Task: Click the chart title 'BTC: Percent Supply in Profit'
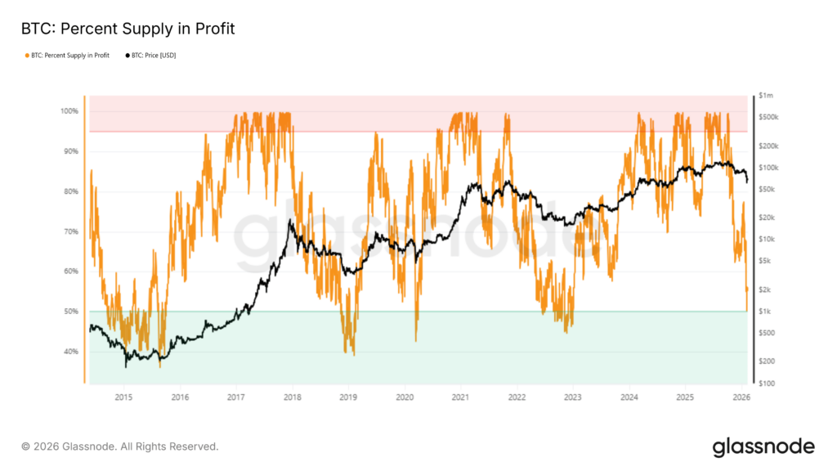point(127,29)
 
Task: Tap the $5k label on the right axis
point(766,261)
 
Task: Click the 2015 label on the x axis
point(123,397)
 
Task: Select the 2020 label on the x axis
point(405,397)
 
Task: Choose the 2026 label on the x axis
point(741,397)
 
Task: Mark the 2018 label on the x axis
point(292,397)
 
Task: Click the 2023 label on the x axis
point(573,397)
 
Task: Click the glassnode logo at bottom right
point(763,446)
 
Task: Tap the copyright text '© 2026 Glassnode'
point(119,446)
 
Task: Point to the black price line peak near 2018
point(290,221)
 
